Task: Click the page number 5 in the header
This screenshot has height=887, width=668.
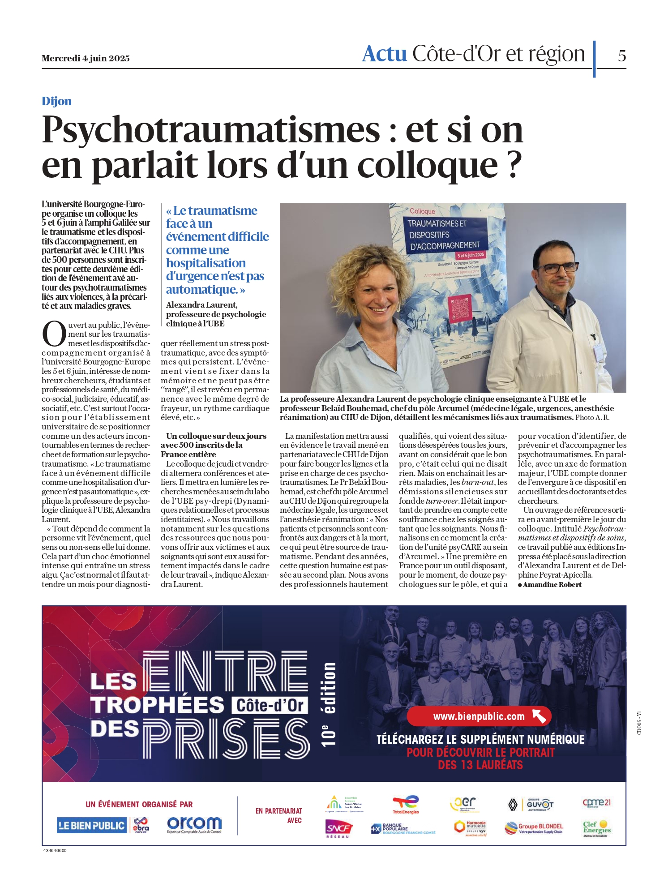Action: pos(622,56)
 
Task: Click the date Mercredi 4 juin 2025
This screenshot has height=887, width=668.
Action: pos(86,58)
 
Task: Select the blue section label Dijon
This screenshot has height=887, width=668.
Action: pos(56,101)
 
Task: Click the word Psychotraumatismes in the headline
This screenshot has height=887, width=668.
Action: pos(211,130)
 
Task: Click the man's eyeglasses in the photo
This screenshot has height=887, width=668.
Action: pos(557,267)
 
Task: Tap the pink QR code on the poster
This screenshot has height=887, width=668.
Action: pos(460,309)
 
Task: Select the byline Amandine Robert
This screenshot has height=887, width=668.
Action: pos(552,584)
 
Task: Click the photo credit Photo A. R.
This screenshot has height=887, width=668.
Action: pos(592,417)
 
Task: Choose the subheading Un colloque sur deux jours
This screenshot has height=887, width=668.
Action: pos(216,436)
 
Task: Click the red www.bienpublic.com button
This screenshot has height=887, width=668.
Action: pos(479,716)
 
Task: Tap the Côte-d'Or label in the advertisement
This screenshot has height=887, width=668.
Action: pos(270,706)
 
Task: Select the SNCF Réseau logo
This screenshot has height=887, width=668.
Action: pos(338,827)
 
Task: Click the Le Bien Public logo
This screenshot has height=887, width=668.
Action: pos(92,825)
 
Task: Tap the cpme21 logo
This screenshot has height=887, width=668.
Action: pos(596,802)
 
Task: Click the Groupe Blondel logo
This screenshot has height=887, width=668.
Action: pos(533,827)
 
